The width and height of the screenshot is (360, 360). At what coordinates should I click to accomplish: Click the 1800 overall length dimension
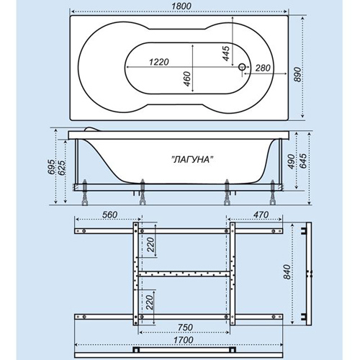(x=181, y=6)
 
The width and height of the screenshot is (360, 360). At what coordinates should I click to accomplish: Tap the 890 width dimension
(x=297, y=74)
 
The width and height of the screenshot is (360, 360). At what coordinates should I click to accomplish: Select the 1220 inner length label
(x=159, y=62)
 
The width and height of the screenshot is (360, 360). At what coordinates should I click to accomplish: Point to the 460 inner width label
(x=186, y=79)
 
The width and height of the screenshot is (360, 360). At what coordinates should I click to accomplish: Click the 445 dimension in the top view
(x=226, y=53)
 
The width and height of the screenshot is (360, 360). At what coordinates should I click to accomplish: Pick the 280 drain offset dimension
(x=263, y=68)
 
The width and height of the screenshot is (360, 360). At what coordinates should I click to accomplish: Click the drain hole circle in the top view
(x=242, y=67)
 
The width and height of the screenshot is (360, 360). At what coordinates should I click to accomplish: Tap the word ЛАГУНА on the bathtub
(x=193, y=159)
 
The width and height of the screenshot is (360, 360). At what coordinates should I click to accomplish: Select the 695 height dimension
(x=51, y=167)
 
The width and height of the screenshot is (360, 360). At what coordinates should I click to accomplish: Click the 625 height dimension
(x=61, y=168)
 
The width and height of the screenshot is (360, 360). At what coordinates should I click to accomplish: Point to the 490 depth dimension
(x=291, y=161)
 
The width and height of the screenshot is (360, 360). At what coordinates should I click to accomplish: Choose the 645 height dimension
(x=303, y=161)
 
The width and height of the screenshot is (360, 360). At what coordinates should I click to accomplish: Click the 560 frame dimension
(x=109, y=215)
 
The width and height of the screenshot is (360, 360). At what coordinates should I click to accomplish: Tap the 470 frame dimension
(x=261, y=215)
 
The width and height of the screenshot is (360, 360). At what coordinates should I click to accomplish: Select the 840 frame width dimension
(x=287, y=272)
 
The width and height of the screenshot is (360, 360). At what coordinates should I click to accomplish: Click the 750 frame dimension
(x=185, y=327)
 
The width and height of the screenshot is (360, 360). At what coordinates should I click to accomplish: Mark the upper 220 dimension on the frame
(x=150, y=244)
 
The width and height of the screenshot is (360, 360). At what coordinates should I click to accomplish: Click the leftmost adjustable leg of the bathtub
(x=85, y=192)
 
